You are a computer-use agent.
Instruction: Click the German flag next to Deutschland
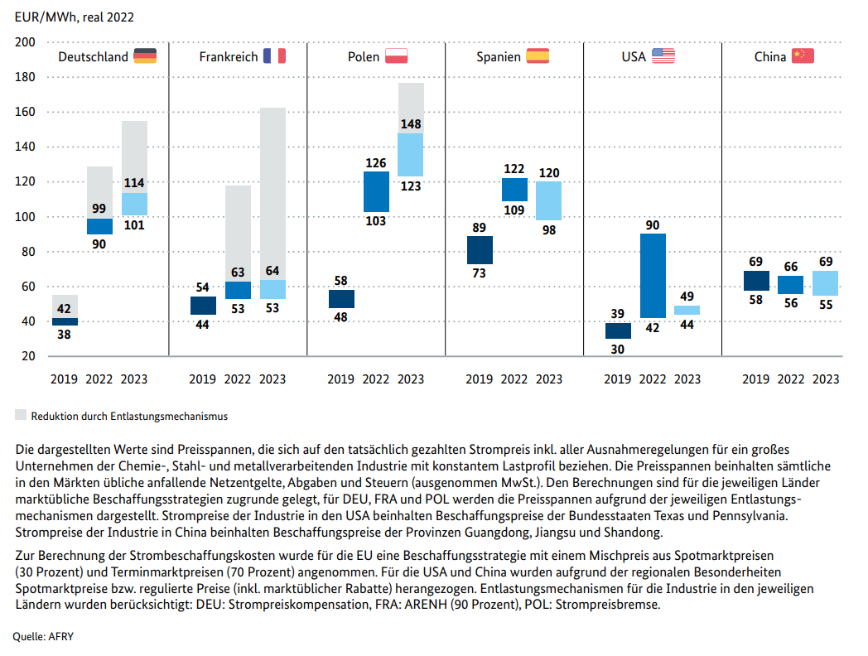tap(145, 56)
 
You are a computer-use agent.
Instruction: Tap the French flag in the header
tap(275, 56)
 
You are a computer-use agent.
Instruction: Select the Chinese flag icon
tap(803, 56)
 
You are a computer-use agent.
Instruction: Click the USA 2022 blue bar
tap(653, 276)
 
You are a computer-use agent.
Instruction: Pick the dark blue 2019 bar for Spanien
tap(480, 250)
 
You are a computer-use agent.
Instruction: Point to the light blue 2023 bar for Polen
tap(411, 154)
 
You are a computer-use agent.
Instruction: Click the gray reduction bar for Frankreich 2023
tap(272, 194)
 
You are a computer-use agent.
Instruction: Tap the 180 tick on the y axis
tap(25, 77)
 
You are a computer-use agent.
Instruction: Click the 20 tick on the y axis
tap(28, 356)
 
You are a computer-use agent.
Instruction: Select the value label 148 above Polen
tap(411, 124)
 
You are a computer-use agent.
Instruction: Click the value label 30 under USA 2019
tap(617, 350)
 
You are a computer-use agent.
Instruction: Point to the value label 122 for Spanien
tap(514, 169)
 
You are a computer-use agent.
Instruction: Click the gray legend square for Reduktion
tap(21, 415)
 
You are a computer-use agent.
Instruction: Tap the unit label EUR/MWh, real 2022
tap(75, 17)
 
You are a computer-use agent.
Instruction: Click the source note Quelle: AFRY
tap(43, 637)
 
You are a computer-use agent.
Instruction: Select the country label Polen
tap(363, 56)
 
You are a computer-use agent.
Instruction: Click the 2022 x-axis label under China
tap(790, 379)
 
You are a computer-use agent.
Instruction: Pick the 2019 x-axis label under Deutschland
tap(64, 379)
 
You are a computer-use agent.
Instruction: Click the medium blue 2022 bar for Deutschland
tap(99, 226)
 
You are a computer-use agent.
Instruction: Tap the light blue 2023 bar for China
tap(826, 283)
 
